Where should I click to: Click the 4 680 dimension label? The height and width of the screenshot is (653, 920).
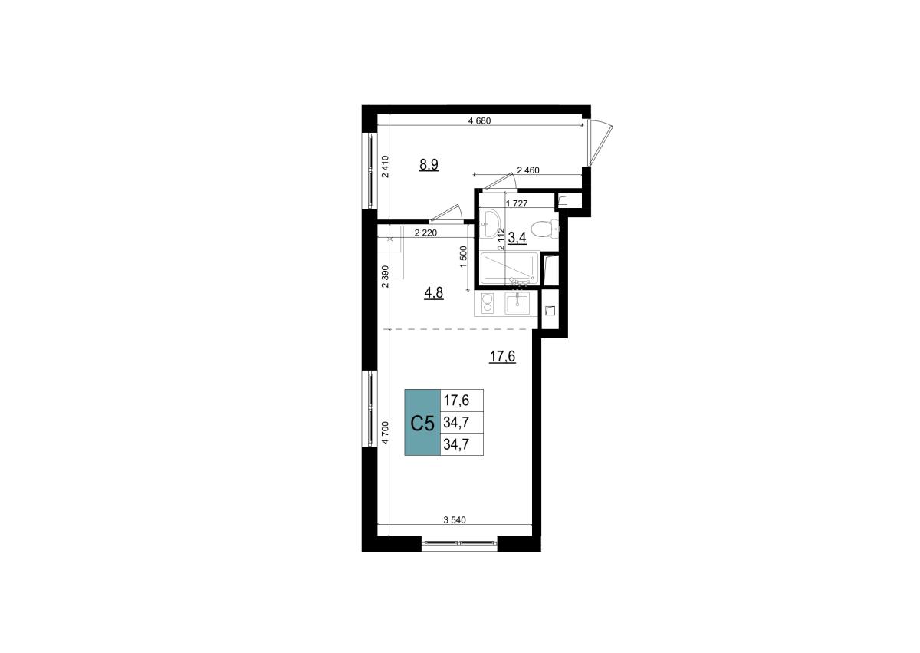(x=480, y=120)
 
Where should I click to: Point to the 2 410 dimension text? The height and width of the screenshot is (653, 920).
(x=385, y=167)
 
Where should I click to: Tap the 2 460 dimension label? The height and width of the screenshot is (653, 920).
(x=528, y=170)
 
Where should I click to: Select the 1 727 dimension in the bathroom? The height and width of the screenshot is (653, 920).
(x=517, y=203)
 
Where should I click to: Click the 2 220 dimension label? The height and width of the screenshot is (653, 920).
(x=426, y=233)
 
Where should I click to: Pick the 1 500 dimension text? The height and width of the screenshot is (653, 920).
(x=464, y=257)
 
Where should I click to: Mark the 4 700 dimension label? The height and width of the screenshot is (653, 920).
(x=385, y=433)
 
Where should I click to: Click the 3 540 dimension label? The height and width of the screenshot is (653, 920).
(x=455, y=520)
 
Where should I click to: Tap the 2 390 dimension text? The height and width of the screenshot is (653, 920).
(x=385, y=276)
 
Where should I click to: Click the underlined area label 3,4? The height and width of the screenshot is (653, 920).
(x=517, y=238)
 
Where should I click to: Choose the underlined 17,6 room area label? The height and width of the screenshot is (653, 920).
(x=502, y=357)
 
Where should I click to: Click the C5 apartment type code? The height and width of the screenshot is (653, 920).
(x=422, y=424)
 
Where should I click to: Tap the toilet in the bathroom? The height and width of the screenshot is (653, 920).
(x=545, y=229)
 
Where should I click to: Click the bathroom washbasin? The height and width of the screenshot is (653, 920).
(x=489, y=223)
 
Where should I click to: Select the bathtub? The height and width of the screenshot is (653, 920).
(x=509, y=268)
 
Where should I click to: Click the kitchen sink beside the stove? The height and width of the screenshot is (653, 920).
(x=517, y=304)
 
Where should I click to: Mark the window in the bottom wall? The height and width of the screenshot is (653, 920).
(x=459, y=543)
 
